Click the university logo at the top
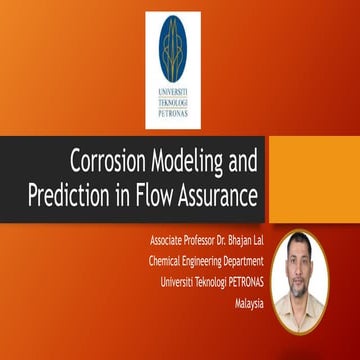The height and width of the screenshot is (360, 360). click(173, 70)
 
